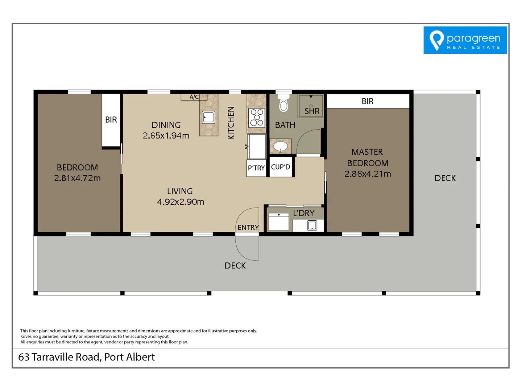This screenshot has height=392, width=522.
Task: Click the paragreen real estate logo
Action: [465, 40]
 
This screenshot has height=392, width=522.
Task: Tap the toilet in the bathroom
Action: [283, 105]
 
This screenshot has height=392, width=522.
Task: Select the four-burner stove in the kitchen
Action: [257, 117]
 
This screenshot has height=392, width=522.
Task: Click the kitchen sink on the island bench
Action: [208, 117]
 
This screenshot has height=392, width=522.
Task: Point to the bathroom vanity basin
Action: [280, 146]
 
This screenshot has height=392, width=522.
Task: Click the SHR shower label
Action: [312, 111]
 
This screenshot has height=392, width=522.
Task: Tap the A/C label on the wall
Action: [194, 97]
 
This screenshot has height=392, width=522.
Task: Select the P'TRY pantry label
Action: [256, 168]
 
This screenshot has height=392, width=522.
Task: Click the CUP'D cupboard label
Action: [281, 167]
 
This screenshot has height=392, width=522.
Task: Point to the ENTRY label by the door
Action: [248, 228]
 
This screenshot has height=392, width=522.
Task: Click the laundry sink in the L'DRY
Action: [312, 226]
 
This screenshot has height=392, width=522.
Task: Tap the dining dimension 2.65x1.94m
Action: [166, 136]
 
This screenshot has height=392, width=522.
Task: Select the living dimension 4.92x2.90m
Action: [181, 202]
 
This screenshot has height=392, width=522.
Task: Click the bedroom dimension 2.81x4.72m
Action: [77, 178]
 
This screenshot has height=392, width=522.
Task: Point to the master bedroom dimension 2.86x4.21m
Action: [368, 174]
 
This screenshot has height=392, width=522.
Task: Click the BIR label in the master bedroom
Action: [367, 101]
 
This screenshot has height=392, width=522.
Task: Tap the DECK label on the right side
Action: [445, 178]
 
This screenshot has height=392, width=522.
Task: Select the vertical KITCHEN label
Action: [231, 123]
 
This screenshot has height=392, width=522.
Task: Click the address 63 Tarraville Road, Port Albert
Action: [86, 357]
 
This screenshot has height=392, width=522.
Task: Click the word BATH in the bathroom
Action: [285, 125]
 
